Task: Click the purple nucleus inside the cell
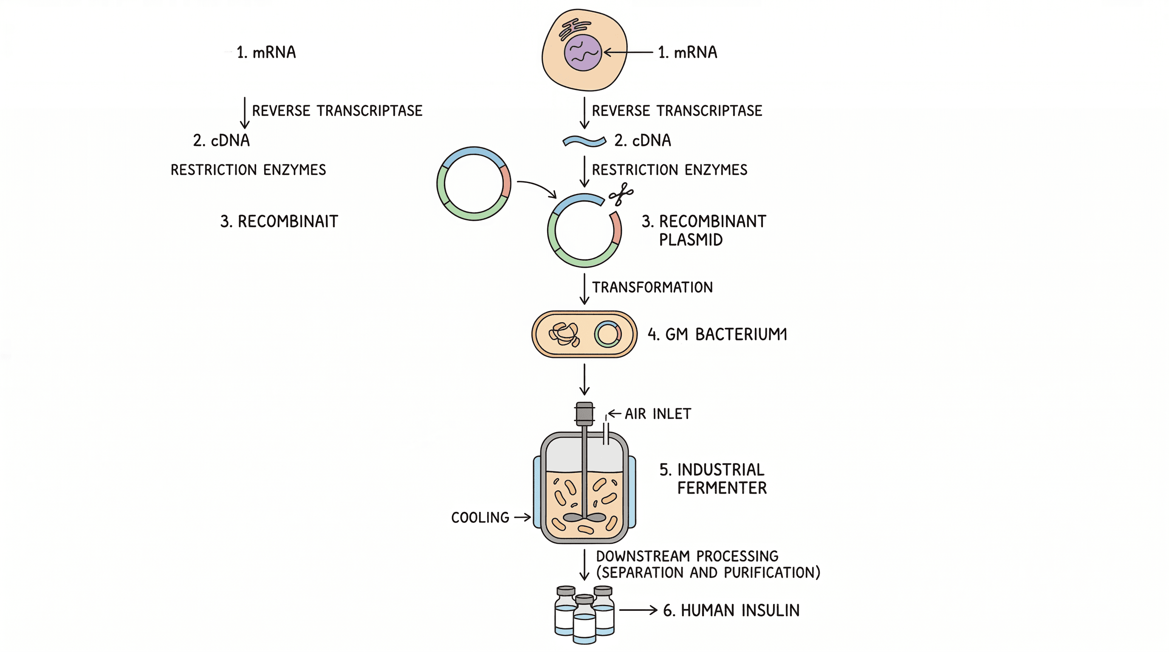pos(583,53)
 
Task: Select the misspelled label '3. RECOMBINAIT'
pos(279,221)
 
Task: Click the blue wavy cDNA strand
pos(584,141)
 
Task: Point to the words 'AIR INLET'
pos(658,414)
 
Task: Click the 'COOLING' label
pos(480,517)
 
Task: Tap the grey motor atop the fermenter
pos(584,413)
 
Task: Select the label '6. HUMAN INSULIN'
pos(731,610)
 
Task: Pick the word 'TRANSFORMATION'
pos(652,287)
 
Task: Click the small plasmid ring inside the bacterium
pos(607,334)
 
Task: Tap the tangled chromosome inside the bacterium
pos(564,334)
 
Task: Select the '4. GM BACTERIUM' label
pos(717,334)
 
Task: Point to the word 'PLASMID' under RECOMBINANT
pos(690,240)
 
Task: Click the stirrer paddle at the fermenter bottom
pos(584,517)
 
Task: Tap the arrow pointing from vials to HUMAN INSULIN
pos(638,610)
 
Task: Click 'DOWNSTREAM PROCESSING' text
pos(686,556)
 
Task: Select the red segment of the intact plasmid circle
pos(506,182)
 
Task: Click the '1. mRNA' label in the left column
pos(266,53)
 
